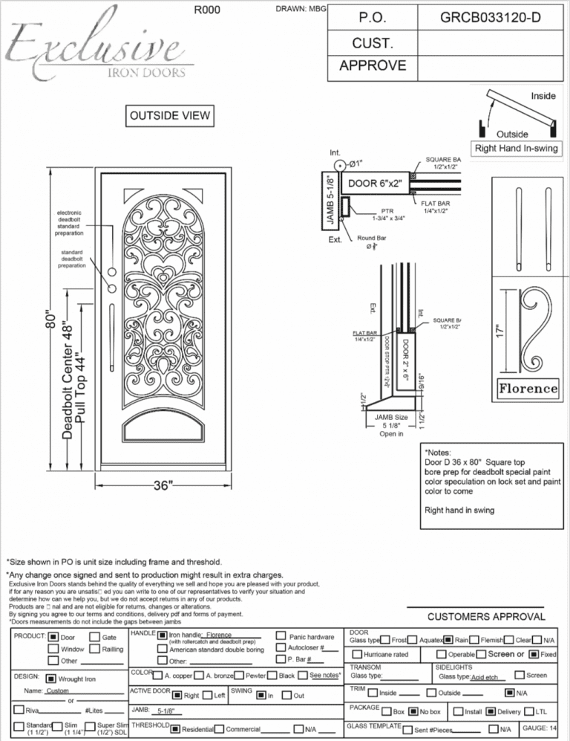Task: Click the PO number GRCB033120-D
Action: (490, 17)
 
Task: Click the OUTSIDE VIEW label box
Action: (171, 116)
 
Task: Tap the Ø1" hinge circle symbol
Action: (338, 165)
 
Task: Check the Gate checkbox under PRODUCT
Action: (94, 637)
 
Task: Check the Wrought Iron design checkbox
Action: (50, 679)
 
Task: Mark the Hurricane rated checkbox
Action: (357, 654)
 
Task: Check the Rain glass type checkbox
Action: (448, 639)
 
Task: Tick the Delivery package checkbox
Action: (490, 711)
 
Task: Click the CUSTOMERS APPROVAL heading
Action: (486, 616)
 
